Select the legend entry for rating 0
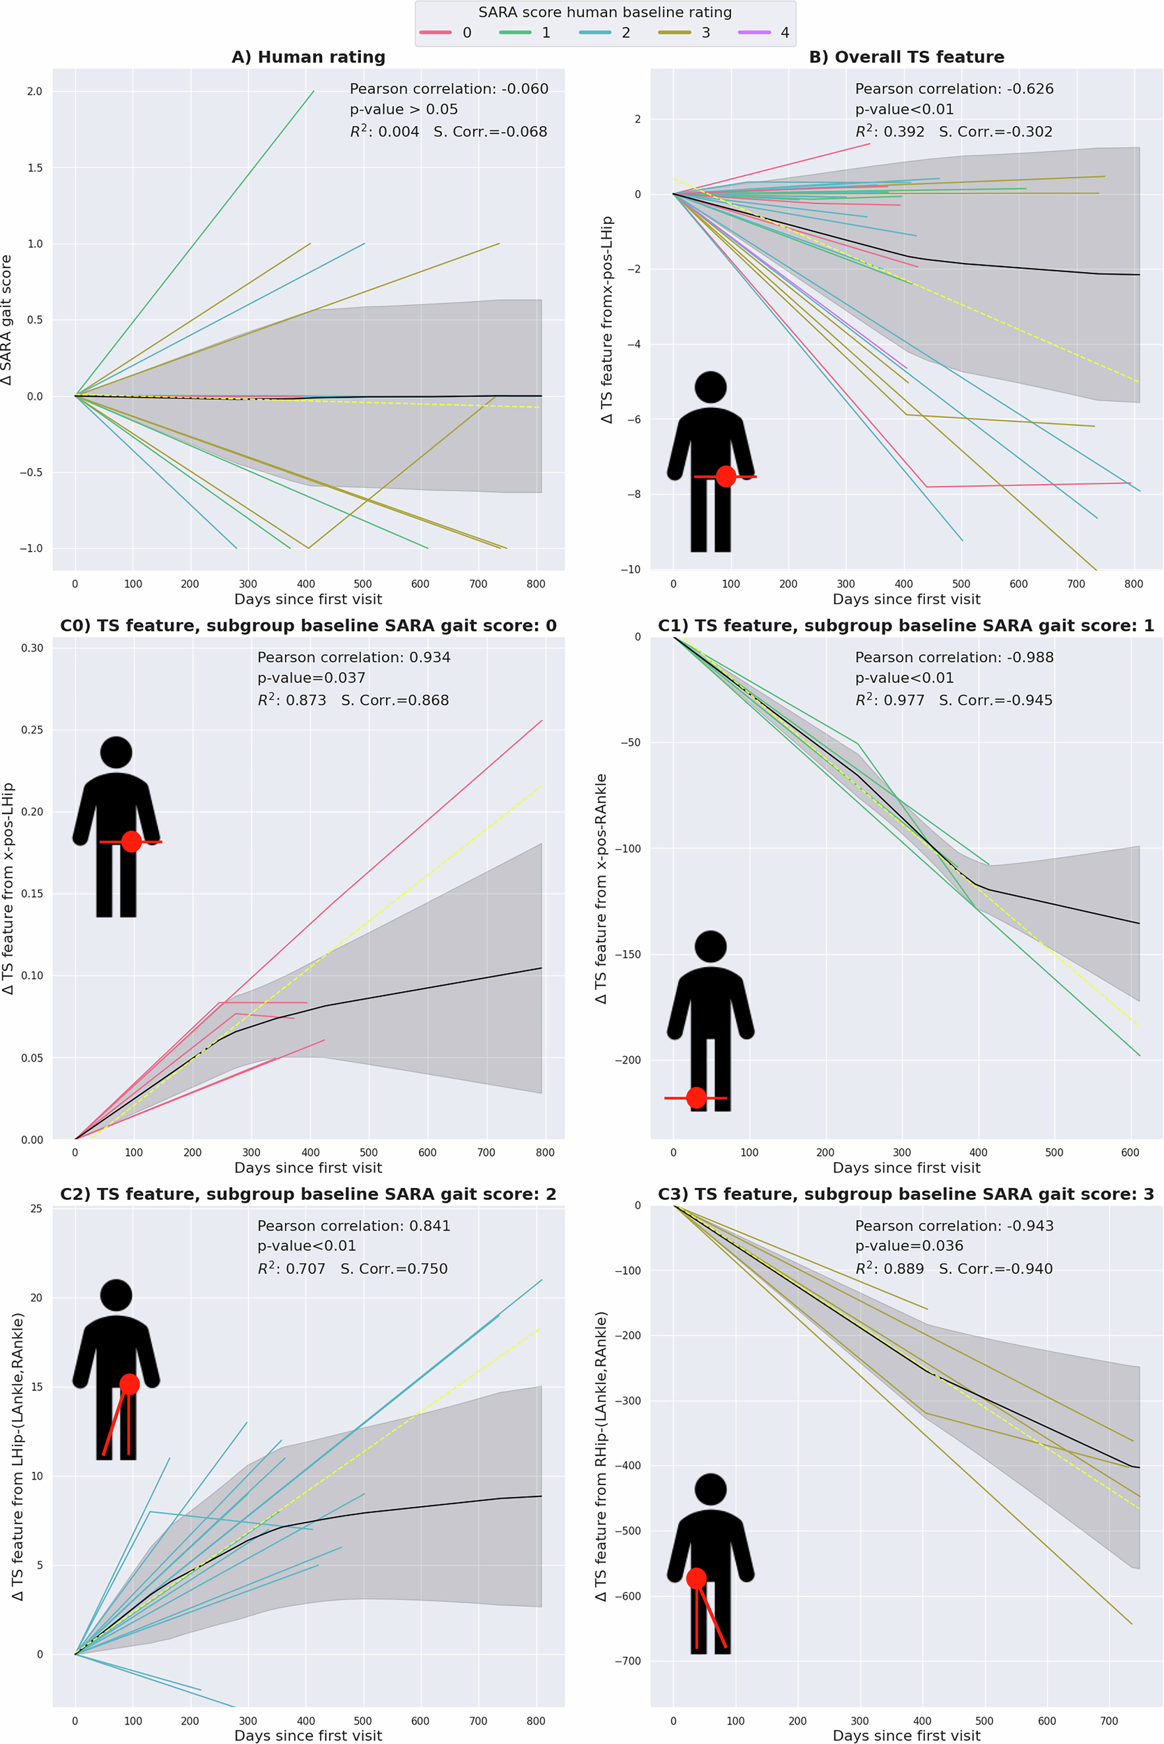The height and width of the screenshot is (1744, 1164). [446, 33]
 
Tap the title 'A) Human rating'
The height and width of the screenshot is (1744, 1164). [308, 57]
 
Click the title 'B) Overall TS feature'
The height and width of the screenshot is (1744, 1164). [906, 57]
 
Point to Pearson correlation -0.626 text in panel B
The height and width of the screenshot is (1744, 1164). [954, 89]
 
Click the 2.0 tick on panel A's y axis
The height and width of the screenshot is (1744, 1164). [35, 91]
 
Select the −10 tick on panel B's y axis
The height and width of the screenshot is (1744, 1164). [630, 570]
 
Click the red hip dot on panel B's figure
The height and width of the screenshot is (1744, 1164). [726, 476]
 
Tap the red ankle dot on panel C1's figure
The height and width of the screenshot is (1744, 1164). [696, 1097]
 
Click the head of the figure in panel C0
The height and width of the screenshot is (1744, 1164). [116, 752]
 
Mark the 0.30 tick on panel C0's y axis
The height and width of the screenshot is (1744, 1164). [32, 647]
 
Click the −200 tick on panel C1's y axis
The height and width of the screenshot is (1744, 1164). [627, 1060]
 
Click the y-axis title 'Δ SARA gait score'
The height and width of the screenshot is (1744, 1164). [7, 320]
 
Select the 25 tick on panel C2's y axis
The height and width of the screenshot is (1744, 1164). [36, 1208]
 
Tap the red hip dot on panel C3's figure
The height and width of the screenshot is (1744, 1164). [696, 1579]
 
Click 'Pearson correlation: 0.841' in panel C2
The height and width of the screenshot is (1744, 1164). [353, 1226]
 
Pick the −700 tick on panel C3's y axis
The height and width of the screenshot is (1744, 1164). [627, 1661]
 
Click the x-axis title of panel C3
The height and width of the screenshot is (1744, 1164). [906, 1735]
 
